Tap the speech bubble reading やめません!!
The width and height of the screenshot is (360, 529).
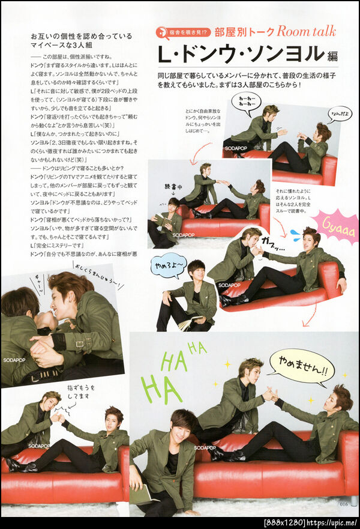tap(301, 367)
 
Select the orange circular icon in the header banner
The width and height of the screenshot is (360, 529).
tap(164, 32)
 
